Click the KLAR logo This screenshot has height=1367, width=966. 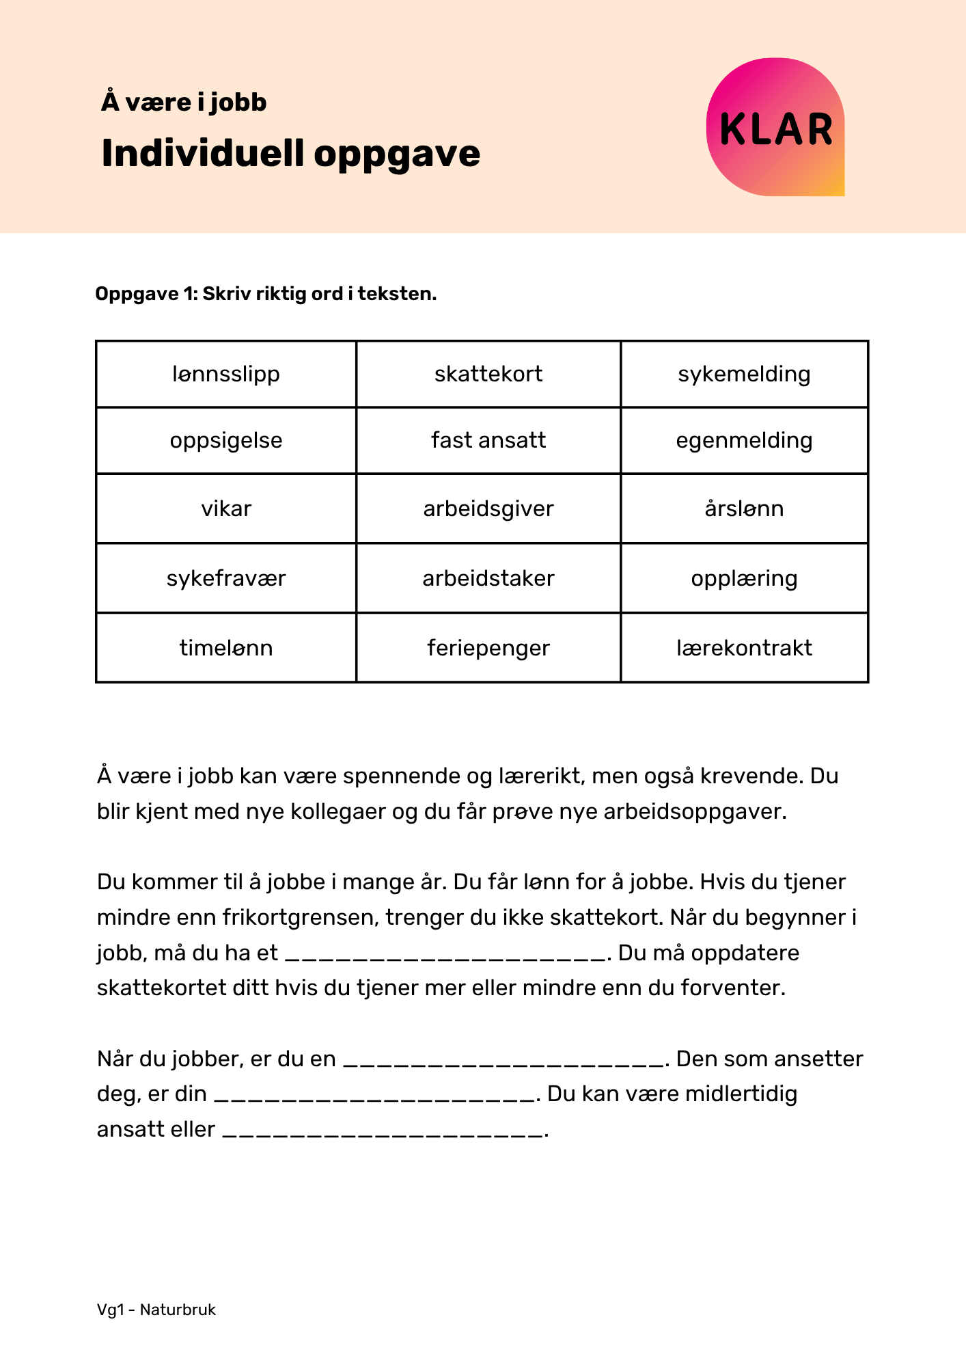pos(775,128)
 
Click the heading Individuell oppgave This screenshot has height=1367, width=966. pos(290,153)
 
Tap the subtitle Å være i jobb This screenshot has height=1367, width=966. pos(184,103)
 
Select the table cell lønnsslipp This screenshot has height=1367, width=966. pos(226,374)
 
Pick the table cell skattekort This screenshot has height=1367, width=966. pos(488,374)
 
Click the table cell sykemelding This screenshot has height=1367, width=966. pos(744,374)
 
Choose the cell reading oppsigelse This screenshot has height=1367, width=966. pos(226,440)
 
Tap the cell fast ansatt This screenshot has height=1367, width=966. pos(488,440)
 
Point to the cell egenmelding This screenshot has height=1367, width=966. pos(744,440)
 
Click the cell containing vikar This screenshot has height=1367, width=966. pos(226,509)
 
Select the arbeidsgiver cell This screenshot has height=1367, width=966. pos(488,509)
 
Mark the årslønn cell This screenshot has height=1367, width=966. pos(744,509)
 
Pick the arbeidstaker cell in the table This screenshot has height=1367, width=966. pos(488,578)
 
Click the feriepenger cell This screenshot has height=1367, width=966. pos(488,647)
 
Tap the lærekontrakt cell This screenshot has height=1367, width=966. pos(744,647)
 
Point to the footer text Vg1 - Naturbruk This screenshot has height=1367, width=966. pos(156,1310)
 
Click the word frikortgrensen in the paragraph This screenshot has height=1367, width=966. pos(300,917)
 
